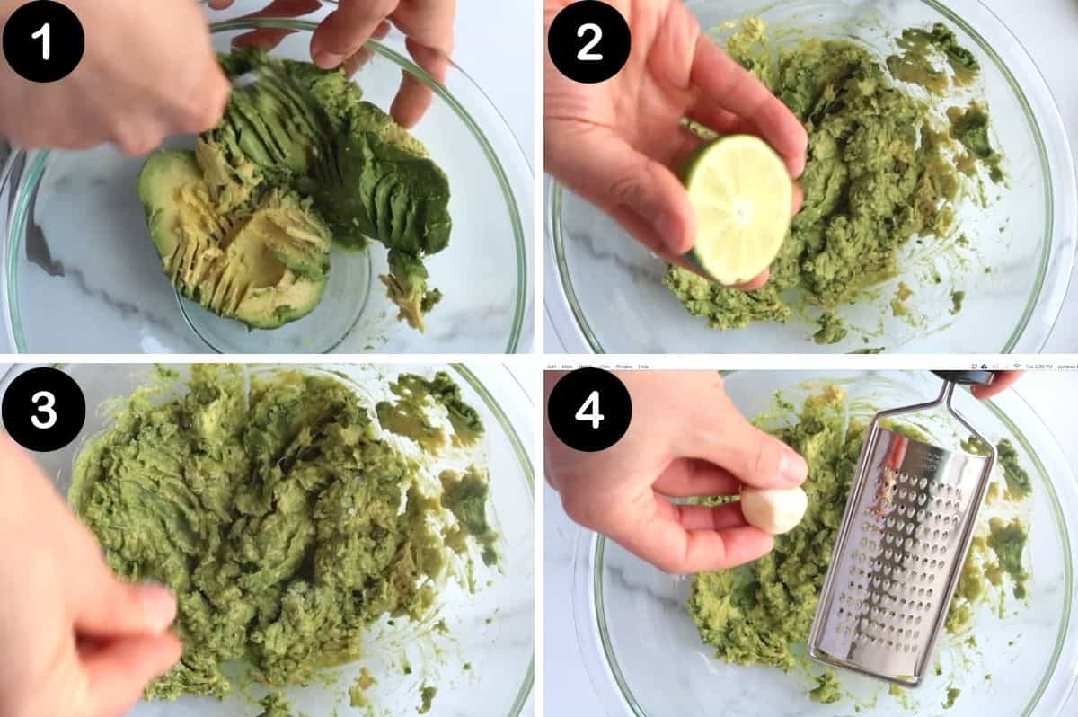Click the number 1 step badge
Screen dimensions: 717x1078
43,41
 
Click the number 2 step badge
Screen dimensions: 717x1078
588,41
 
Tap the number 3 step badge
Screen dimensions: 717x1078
43,409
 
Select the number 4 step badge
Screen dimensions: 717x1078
588,409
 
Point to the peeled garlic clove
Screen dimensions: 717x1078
773,509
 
